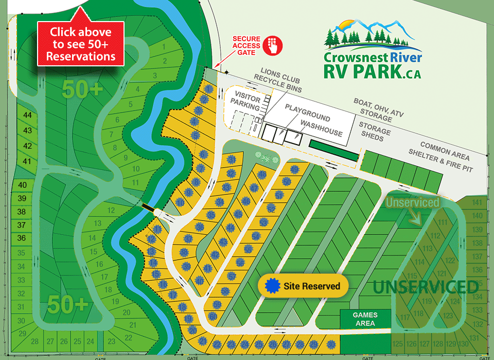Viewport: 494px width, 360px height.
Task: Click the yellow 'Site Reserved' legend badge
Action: tap(303, 286)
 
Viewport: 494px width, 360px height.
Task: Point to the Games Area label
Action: tap(365, 319)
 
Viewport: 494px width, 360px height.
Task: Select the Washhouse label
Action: tap(322, 129)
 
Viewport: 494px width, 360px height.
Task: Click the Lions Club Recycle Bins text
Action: tap(280, 78)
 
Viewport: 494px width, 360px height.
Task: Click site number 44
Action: tap(28, 115)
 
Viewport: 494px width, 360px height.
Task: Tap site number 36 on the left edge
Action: tap(22, 238)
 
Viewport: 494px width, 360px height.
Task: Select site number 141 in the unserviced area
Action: tap(478, 202)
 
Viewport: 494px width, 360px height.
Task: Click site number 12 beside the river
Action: tap(111, 210)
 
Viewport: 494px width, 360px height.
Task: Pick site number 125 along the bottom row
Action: tap(397, 344)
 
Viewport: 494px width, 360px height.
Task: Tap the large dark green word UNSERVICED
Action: tap(426, 287)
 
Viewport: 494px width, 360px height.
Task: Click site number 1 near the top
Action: tap(164, 47)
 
